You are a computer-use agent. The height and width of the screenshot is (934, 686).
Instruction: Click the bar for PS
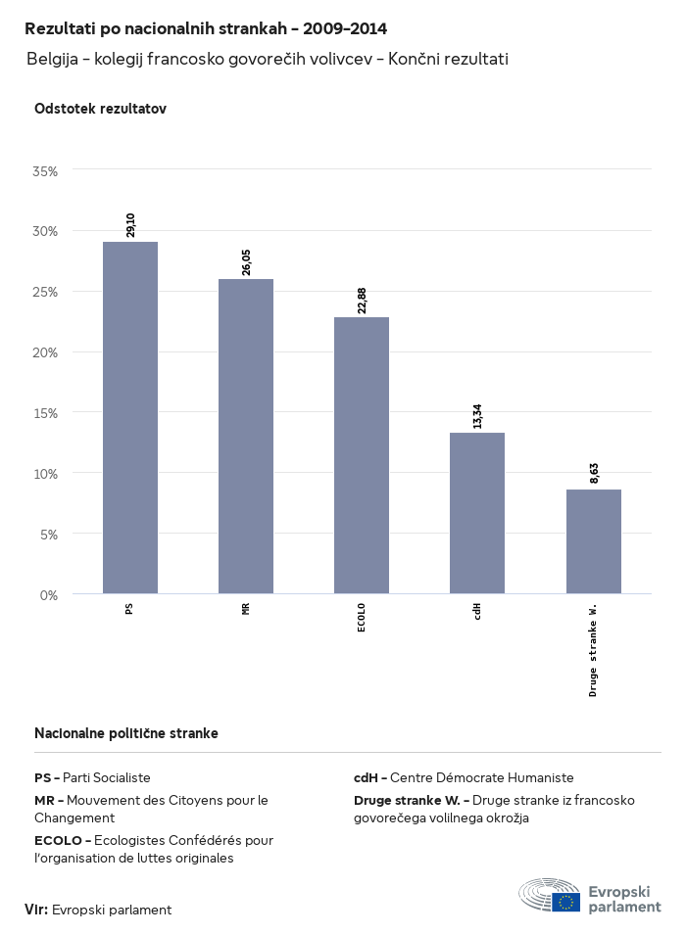click(x=130, y=417)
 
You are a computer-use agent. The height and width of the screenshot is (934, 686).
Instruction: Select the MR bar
click(x=246, y=436)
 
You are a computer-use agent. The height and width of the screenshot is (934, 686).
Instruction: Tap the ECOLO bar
click(x=362, y=455)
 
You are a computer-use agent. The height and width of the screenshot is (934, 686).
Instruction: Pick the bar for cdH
click(x=477, y=513)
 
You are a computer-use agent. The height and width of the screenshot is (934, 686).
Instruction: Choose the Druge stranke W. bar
click(x=594, y=541)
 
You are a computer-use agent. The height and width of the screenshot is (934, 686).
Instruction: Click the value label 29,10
click(x=130, y=224)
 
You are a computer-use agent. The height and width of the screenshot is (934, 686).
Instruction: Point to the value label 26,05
click(x=246, y=261)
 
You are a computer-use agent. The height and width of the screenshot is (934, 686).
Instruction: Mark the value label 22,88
click(x=362, y=300)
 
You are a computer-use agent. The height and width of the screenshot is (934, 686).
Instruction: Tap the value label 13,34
click(x=477, y=416)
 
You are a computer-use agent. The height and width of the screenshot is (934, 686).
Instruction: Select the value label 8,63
click(x=594, y=474)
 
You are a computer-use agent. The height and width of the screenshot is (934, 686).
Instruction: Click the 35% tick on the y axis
click(x=46, y=170)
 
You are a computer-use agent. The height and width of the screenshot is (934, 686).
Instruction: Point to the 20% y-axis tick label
click(x=46, y=352)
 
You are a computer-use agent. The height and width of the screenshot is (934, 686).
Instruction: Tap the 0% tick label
click(x=49, y=594)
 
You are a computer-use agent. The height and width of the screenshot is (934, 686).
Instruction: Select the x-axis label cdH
click(x=477, y=613)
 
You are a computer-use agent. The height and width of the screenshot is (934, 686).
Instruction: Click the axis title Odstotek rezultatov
click(x=100, y=109)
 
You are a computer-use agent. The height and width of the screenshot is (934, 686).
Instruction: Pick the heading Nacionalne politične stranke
click(x=125, y=732)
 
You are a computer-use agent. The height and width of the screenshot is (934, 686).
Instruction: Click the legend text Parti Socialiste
click(x=107, y=777)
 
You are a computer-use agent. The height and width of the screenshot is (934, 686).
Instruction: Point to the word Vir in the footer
click(x=35, y=910)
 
